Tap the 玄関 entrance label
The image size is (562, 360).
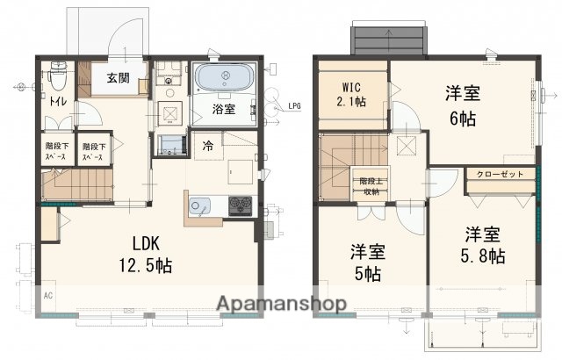pos(119,78)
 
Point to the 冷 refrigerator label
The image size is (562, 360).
pos(208,146)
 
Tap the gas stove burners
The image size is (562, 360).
pos(240,206)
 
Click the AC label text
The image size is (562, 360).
pos(48,294)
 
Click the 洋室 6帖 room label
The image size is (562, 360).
pos(460,104)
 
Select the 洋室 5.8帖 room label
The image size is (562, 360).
pos(485,245)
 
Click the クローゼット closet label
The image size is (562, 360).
pos(500,174)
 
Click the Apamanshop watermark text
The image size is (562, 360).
pos(281,304)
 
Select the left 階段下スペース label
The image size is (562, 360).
pos(57,152)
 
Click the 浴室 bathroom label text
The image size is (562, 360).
pos(223,110)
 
